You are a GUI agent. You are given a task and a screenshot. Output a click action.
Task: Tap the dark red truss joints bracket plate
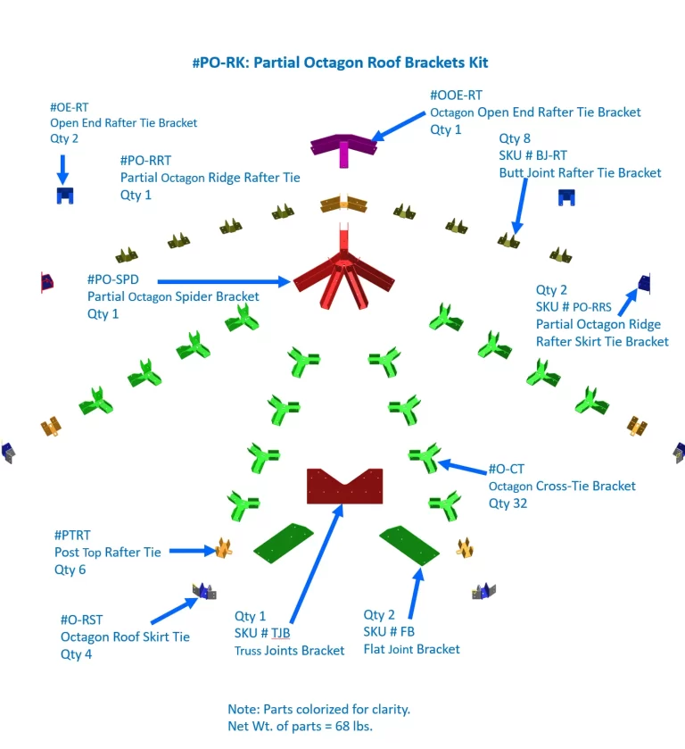[x=343, y=487]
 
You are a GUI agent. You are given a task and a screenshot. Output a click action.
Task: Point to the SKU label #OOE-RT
[x=456, y=95]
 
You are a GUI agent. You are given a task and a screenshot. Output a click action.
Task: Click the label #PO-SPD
[x=113, y=279]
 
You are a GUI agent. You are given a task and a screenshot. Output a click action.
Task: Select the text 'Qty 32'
[x=508, y=503]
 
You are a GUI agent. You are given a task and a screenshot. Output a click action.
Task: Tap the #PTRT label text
[x=72, y=535]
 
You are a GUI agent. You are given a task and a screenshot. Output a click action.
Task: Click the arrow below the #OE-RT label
[x=62, y=168]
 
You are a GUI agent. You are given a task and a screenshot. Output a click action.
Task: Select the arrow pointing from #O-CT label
[x=460, y=466]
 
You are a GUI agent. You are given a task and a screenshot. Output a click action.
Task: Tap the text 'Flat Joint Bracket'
[x=411, y=649]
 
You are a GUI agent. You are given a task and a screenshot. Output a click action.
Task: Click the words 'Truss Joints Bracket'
[x=289, y=651]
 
